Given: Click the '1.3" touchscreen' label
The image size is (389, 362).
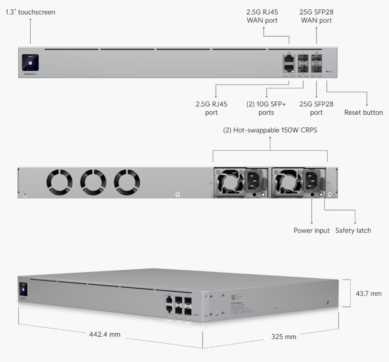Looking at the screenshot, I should (30, 12).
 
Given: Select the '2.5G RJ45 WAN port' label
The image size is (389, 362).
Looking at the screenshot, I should (262, 16).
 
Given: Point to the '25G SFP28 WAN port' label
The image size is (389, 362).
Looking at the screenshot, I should (316, 16).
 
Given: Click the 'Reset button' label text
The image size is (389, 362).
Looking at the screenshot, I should (363, 113).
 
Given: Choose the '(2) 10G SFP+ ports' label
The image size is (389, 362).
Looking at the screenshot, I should (266, 108).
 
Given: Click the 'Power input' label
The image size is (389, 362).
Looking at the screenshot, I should (311, 231).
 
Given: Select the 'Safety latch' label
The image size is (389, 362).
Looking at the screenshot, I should (353, 231).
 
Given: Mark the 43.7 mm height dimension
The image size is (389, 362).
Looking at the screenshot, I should (369, 294).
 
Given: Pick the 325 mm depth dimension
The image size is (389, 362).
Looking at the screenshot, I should (284, 337).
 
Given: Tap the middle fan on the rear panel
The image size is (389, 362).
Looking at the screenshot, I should (93, 181).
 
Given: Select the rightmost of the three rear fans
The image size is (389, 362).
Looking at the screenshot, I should (127, 181).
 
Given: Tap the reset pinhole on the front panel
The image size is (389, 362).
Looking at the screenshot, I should (327, 72).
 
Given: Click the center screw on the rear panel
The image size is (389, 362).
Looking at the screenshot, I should (177, 195).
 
